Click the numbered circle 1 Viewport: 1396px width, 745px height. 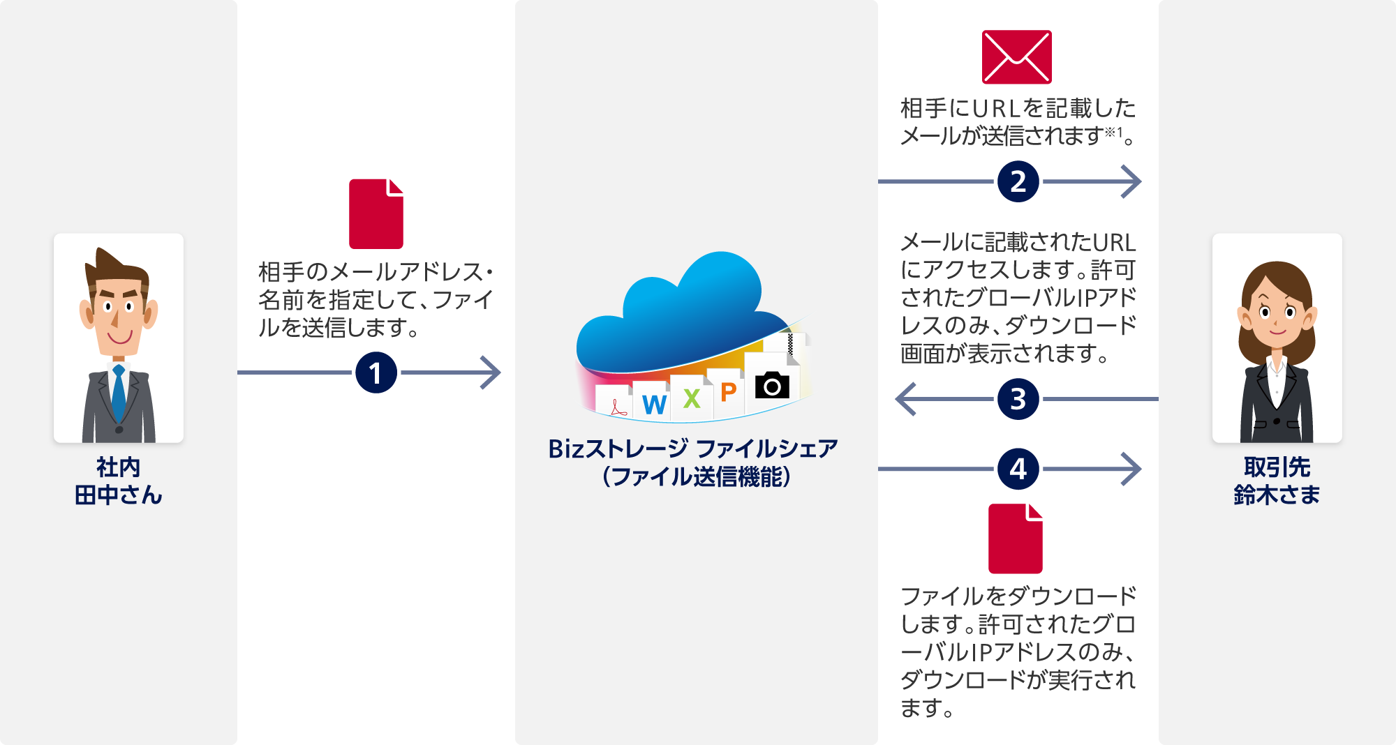376,372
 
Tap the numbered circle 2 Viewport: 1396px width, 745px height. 1018,182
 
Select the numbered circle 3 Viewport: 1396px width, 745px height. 1018,399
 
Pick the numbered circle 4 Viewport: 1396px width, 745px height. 1018,469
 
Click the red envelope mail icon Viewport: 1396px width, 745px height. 1016,57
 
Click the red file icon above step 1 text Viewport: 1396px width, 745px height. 376,213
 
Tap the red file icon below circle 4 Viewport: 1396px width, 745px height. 1015,539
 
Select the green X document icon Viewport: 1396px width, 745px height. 691,398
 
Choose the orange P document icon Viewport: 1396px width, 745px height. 728,392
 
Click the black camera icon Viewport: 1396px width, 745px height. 772,385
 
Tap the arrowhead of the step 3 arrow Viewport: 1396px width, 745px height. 905,399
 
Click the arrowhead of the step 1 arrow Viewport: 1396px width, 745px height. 493,372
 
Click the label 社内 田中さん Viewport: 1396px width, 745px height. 118,481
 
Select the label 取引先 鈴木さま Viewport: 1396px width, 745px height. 1277,481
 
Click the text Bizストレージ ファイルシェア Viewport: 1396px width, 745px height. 692,449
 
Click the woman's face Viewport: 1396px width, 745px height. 1276,314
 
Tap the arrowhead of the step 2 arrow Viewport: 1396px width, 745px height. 1133,182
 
